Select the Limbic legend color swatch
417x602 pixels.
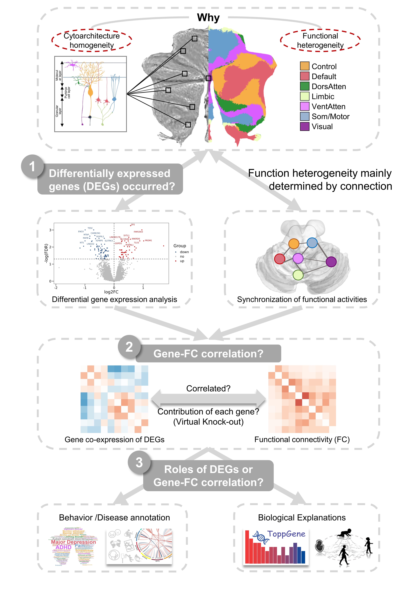tap(305, 96)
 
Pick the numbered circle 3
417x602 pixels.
tap(139, 463)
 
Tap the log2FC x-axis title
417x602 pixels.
tap(111, 292)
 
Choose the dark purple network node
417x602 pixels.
tap(331, 262)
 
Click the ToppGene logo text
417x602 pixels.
tap(286, 534)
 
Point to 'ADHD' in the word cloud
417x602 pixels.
tap(63, 547)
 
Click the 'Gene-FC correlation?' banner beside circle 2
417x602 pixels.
tap(208, 354)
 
